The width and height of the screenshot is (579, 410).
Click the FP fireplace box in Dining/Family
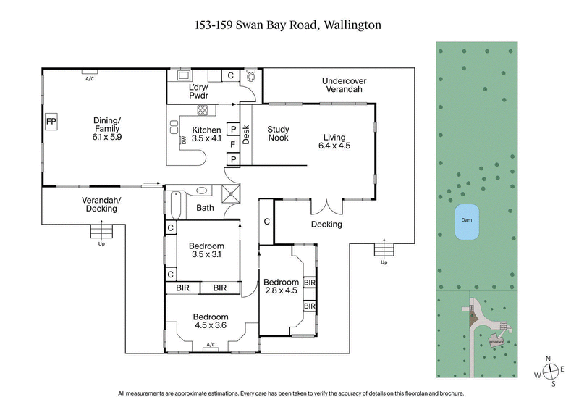coord(51,122)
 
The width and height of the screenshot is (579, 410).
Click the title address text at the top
coord(287,25)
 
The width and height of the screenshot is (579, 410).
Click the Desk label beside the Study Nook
coord(245,135)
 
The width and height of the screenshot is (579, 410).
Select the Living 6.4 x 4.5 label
coord(334,141)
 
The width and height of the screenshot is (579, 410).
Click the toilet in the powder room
coord(251,75)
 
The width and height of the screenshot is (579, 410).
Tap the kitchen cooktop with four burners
coord(203,111)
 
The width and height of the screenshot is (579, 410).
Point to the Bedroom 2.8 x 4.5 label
coord(281,286)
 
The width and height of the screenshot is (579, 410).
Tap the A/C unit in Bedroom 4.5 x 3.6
coord(211,345)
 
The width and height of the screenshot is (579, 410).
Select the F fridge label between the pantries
coord(233,144)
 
